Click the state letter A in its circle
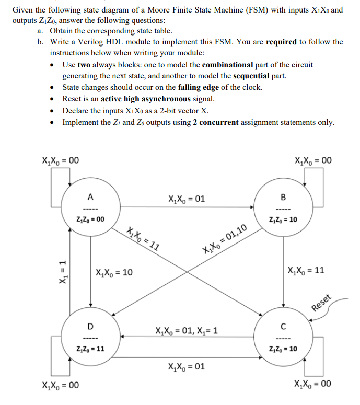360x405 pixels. [90, 197]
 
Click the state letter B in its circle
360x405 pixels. [283, 197]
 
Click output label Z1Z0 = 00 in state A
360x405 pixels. [90, 219]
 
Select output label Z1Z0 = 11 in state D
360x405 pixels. [90, 349]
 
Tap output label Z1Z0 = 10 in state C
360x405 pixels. [283, 349]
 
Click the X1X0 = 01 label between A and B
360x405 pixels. [187, 199]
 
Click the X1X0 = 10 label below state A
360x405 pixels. [114, 272]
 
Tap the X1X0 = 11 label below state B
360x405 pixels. [306, 271]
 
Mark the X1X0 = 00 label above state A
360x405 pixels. [60, 160]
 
